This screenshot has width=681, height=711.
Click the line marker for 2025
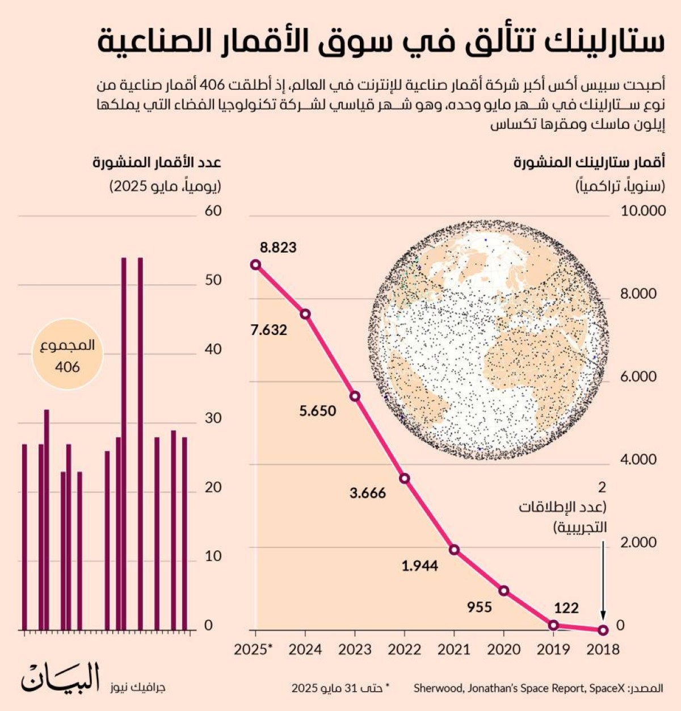pos(255,265)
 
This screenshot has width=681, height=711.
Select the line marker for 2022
pos(405,478)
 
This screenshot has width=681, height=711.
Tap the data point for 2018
pos(603,629)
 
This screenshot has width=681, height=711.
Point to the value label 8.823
pos(278,248)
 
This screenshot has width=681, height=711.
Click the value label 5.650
pos(318,411)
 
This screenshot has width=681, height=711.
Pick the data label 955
pos(480,607)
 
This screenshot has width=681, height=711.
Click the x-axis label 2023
pos(355,649)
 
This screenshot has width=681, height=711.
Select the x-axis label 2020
pos(504,649)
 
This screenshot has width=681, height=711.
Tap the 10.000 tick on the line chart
pos(643,211)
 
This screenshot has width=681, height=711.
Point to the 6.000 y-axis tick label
pos(638,377)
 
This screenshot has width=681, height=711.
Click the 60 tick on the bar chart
pos(213,211)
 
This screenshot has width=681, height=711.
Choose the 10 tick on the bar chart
pos(213,557)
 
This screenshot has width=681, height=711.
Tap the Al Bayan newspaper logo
pos(61,678)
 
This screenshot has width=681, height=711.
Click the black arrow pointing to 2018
pos(603,579)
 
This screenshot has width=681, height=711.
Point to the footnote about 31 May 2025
pos(340,688)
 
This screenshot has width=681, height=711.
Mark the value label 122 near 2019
pos(566,608)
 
